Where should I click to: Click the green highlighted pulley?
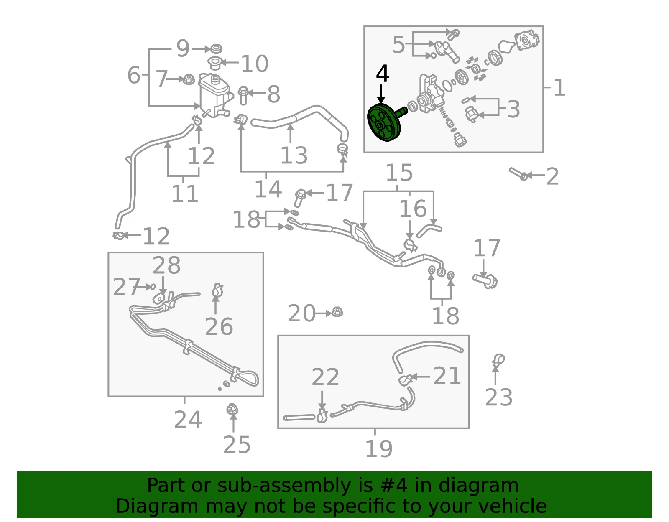point(384,123)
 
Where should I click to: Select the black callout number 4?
point(382,74)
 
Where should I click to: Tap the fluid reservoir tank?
point(214,95)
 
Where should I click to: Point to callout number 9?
point(183,48)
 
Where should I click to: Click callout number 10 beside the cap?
point(255,64)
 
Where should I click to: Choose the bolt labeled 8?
point(243,96)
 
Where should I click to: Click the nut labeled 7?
point(189,80)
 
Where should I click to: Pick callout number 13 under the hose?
point(294,155)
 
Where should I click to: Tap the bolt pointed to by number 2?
point(519,174)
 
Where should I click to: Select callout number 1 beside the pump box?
point(559,88)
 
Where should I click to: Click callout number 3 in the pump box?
point(513,109)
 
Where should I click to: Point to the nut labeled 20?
point(337,312)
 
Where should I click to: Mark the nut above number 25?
point(232,409)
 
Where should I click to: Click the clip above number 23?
point(498,359)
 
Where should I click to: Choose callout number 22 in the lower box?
point(325,377)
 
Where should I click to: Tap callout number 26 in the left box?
point(219,327)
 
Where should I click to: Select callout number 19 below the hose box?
point(379,449)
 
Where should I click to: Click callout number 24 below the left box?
point(188,420)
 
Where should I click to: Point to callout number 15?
point(399,173)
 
